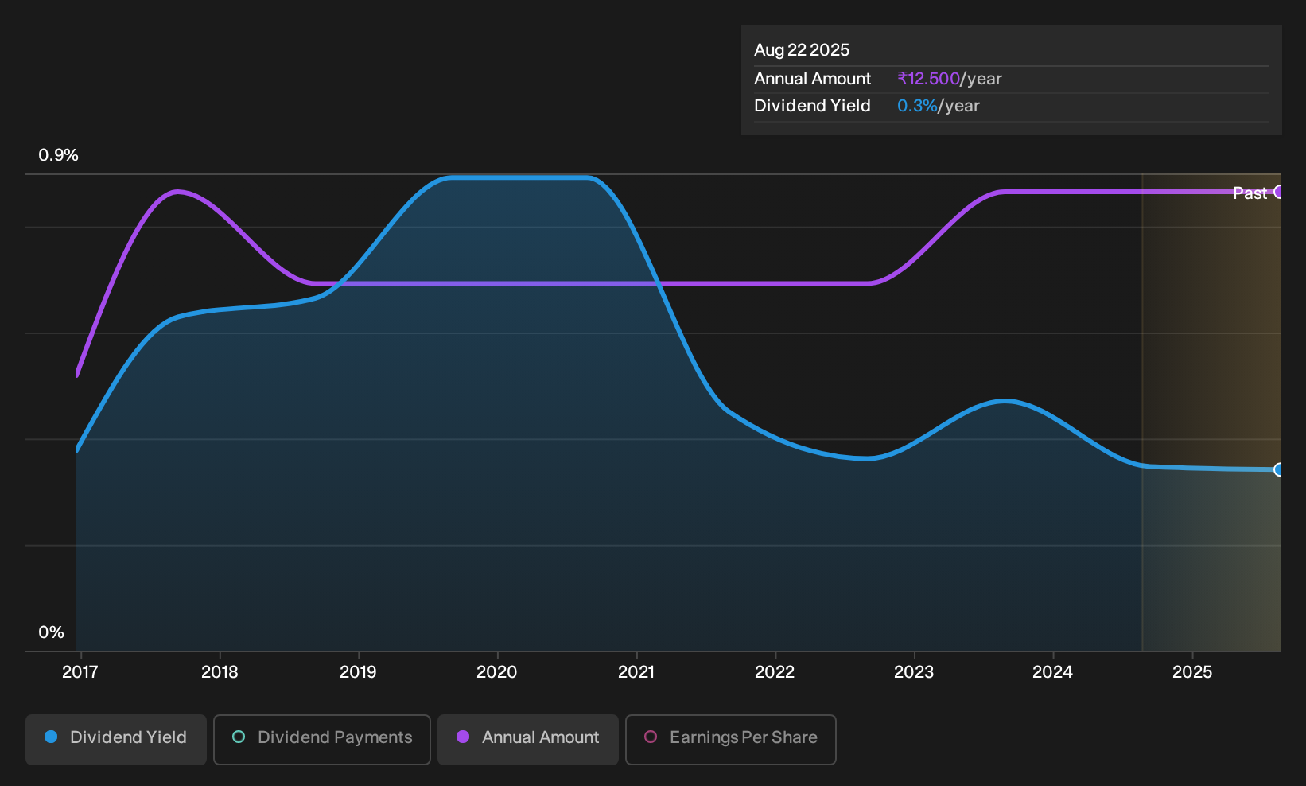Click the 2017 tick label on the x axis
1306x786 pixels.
coord(80,672)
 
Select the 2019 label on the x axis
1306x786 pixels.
coord(358,672)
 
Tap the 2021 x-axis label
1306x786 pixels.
coord(636,672)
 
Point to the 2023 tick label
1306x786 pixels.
coord(914,672)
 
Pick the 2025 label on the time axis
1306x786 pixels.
coord(1192,672)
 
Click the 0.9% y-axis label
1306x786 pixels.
coord(58,155)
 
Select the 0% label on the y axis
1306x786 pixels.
coord(52,632)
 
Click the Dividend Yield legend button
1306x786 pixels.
coord(116,739)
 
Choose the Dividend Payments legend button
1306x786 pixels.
coord(322,739)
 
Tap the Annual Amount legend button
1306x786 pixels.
coord(527,739)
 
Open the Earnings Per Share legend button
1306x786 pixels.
coord(730,739)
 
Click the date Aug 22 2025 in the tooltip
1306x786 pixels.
coord(802,50)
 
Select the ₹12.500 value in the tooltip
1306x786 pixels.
coord(929,78)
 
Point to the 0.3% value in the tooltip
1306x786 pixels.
coord(917,106)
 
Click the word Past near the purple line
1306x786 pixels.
coord(1250,193)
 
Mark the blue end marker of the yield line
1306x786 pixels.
coord(1278,469)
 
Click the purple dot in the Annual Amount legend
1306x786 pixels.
coord(462,737)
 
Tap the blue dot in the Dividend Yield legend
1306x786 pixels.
coord(51,737)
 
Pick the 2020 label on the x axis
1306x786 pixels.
coord(497,672)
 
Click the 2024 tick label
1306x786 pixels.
coord(1053,672)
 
